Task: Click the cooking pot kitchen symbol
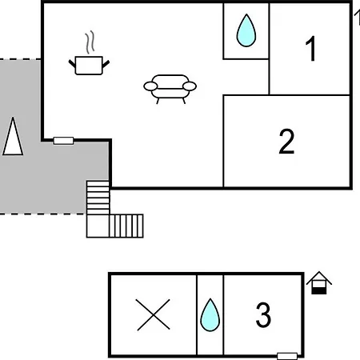click(89, 66)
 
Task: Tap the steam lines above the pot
click(90, 42)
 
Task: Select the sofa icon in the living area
click(170, 89)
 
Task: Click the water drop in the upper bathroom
click(246, 30)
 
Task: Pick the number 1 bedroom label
click(311, 49)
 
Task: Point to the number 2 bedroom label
click(286, 141)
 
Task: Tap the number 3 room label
click(263, 314)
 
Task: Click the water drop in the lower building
click(210, 315)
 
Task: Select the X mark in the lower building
click(153, 314)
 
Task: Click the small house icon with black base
click(319, 283)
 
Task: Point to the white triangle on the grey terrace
click(13, 136)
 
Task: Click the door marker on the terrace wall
click(63, 141)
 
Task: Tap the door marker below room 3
click(287, 356)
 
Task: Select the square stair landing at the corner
click(98, 226)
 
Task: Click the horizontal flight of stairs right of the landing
click(126, 226)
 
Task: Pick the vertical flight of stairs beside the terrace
click(98, 198)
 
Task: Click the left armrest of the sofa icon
click(150, 86)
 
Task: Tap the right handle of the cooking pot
click(106, 64)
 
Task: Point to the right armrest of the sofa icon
click(190, 86)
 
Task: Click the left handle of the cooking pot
click(72, 64)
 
